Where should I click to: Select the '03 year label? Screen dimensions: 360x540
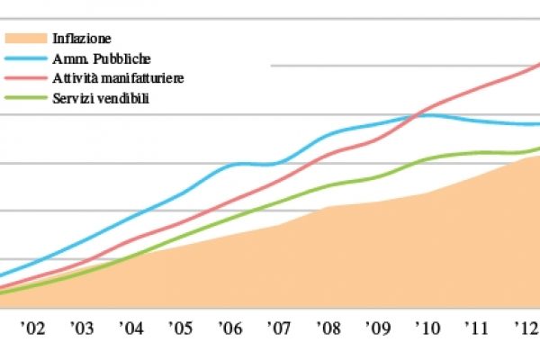[82, 329]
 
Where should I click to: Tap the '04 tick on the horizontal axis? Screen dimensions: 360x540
[131, 329]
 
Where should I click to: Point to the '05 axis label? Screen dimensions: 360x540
[180, 329]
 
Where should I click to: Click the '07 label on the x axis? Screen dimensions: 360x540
[278, 329]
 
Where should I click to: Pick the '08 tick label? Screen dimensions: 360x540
[328, 329]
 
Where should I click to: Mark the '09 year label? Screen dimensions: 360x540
[376, 329]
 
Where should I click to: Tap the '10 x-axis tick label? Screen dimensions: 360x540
[425, 329]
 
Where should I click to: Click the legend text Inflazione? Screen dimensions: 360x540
[91, 39]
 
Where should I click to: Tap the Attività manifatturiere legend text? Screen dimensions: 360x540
[125, 78]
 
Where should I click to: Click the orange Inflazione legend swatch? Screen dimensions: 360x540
[28, 39]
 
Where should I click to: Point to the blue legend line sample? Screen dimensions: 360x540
[28, 58]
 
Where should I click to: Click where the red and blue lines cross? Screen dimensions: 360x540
[416, 114]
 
